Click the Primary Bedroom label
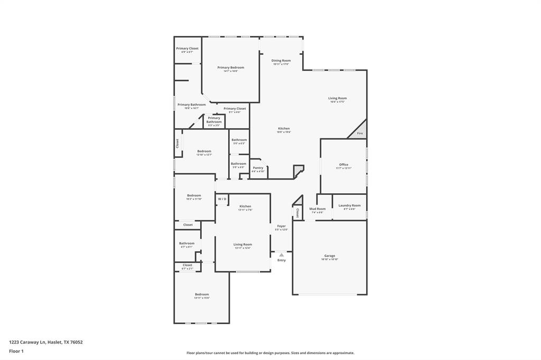coord(230,68)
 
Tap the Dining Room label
coord(281,61)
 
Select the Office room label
coord(343,165)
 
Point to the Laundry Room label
coord(349,205)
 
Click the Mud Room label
coord(318,209)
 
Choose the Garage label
coord(330,256)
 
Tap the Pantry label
coord(258,168)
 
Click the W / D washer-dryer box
coord(222,199)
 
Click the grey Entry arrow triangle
coord(281,255)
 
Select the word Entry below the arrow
coord(281,260)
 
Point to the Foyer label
coord(281,226)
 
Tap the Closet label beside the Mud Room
coord(297,213)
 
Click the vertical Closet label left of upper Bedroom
coord(178,143)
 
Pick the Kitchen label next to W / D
coord(245,206)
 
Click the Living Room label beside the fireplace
coord(338,98)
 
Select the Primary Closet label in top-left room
coord(188,49)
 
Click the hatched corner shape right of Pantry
coord(299,170)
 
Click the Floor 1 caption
coord(16,351)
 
